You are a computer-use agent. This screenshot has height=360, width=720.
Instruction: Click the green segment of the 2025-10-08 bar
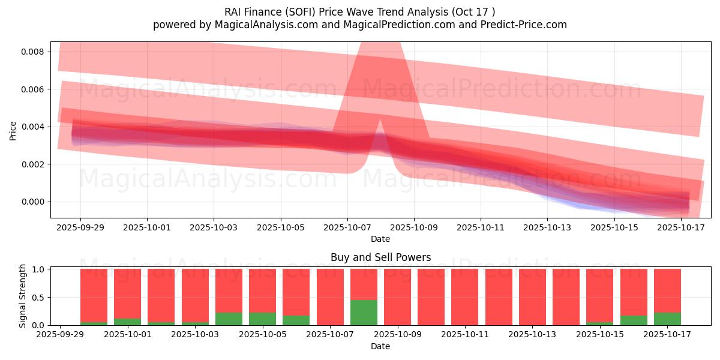364,313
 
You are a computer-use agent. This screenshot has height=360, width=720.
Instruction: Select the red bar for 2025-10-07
330,297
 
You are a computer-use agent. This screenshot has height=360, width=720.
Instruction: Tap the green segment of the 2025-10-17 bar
667,319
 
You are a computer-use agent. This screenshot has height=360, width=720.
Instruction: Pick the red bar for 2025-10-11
465,297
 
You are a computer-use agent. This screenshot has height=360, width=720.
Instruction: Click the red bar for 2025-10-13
532,297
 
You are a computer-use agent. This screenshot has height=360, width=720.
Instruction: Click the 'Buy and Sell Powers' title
380,257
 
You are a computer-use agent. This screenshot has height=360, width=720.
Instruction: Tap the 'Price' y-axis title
13,130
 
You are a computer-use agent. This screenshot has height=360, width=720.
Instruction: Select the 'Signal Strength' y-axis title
22,296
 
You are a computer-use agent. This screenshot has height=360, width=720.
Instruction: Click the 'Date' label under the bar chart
380,346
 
